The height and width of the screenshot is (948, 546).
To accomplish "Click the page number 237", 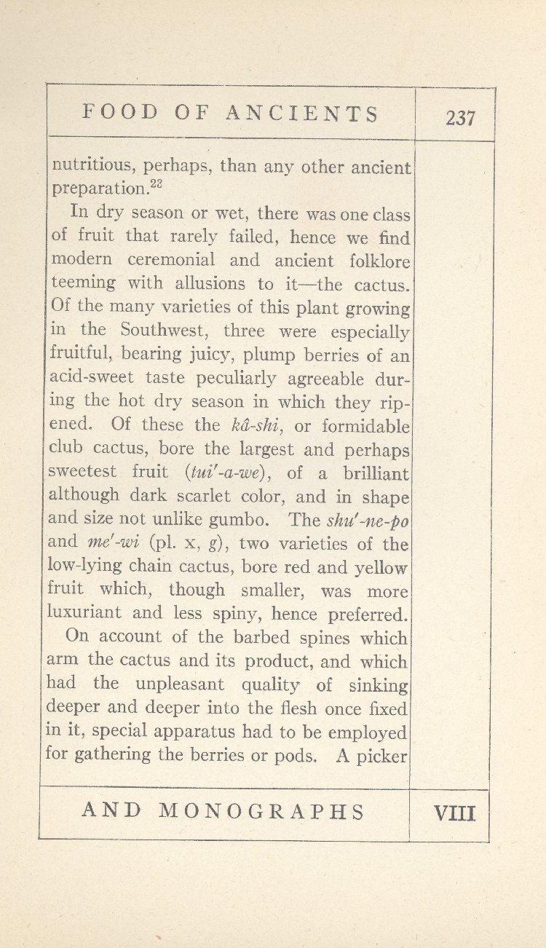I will [460, 117].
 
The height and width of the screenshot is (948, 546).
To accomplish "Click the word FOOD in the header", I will [120, 113].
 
